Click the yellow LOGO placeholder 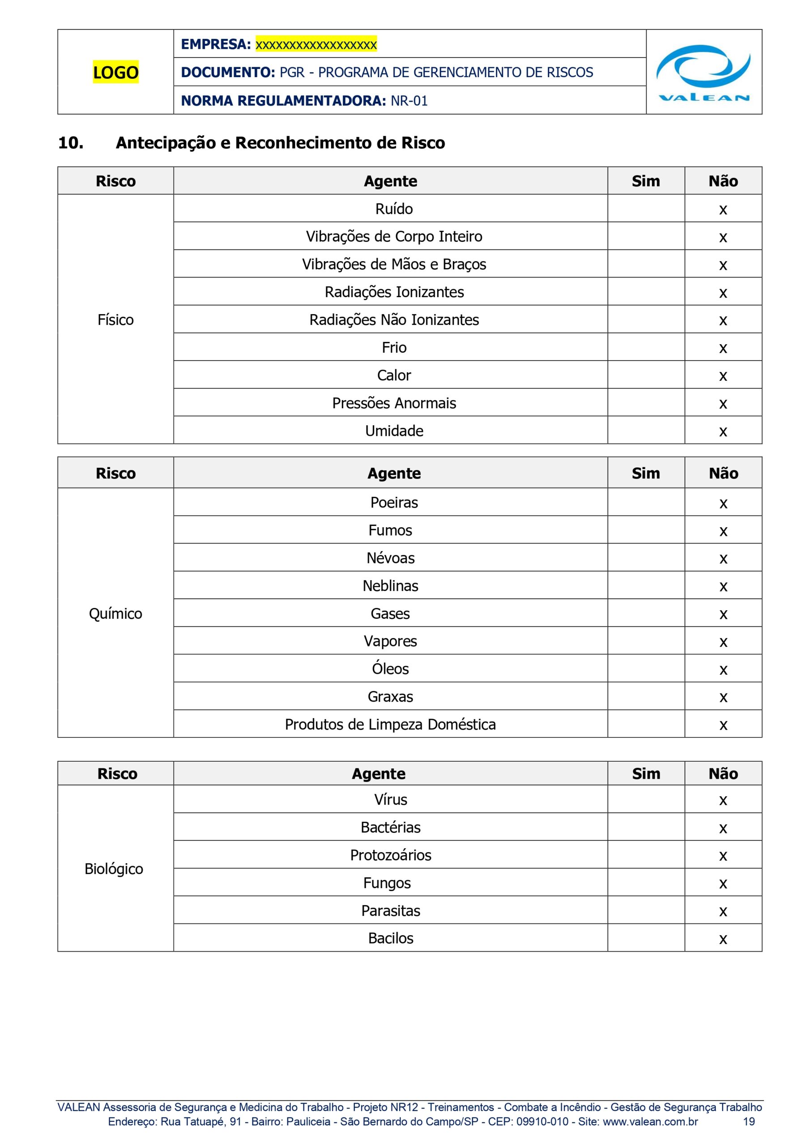tap(115, 73)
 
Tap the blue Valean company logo tap(703, 73)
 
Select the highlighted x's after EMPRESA tap(316, 44)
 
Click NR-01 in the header tap(409, 101)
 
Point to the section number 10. tap(71, 143)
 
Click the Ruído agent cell tap(394, 209)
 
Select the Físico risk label tap(115, 320)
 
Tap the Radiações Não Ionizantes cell tap(394, 320)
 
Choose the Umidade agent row tap(394, 431)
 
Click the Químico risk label tap(115, 613)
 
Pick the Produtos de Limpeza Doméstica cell tap(390, 724)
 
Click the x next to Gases tap(723, 614)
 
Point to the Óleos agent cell tap(390, 669)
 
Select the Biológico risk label tap(114, 869)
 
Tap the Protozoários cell tap(390, 855)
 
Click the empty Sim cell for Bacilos tap(646, 938)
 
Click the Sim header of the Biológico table tap(646, 773)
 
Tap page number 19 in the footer tap(749, 1121)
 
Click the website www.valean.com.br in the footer tap(650, 1121)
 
